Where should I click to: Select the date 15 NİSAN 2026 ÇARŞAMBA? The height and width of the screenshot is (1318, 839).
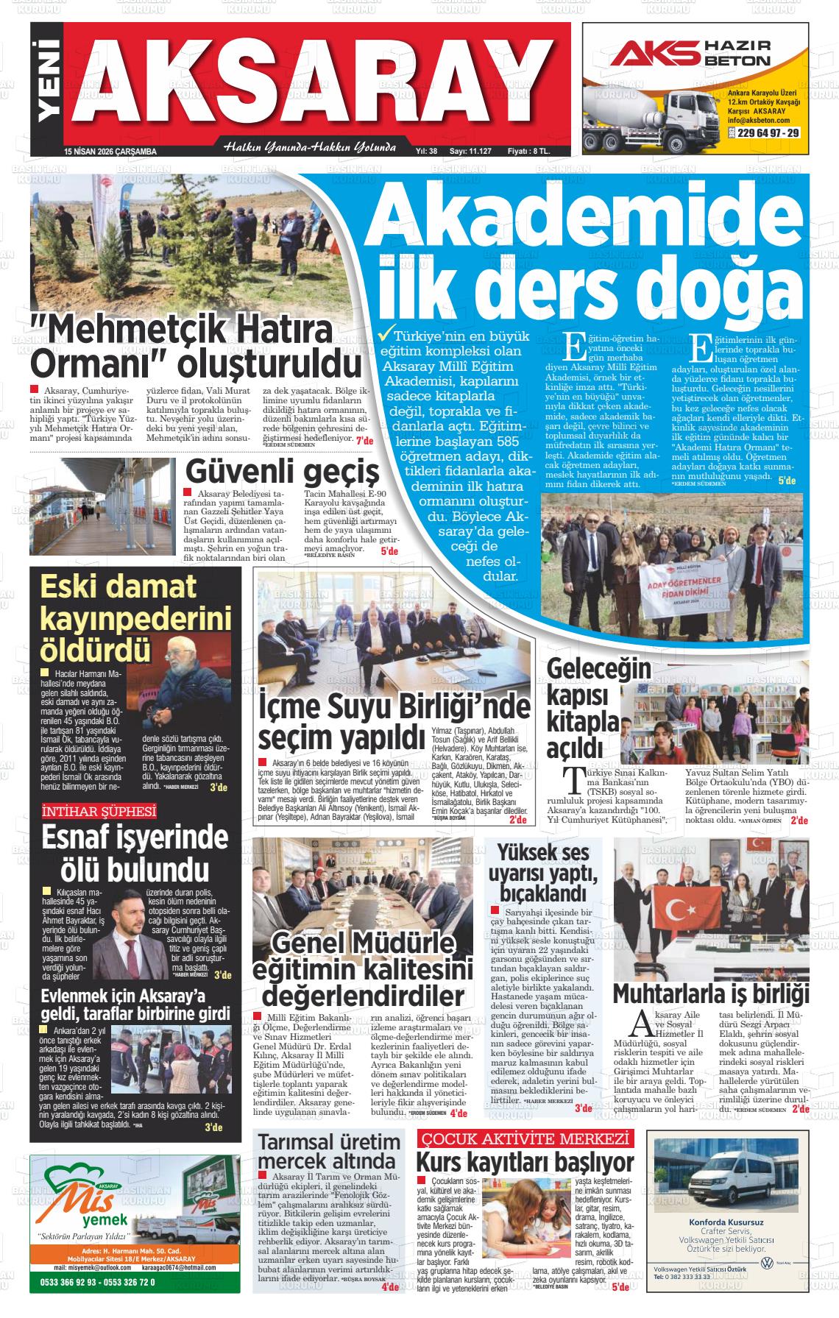(111, 152)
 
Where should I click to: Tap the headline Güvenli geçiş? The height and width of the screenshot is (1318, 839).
(283, 472)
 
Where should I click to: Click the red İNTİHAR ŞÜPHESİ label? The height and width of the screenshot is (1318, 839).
(99, 812)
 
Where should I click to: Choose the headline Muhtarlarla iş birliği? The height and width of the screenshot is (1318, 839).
(711, 992)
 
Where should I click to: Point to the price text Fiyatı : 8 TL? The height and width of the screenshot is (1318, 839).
(528, 151)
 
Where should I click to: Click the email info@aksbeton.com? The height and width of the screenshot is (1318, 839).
(758, 120)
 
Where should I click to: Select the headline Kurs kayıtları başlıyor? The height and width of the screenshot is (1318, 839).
(525, 1163)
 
